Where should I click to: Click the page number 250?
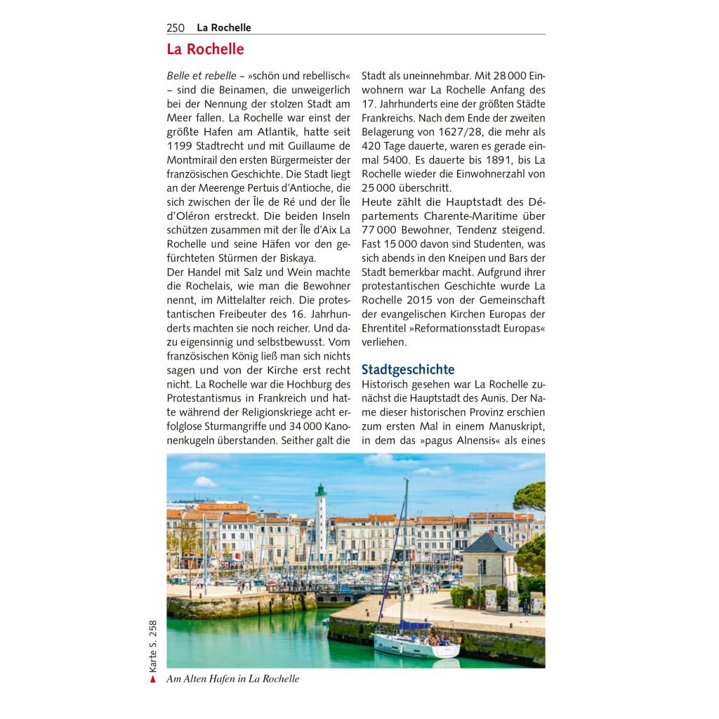tap(176, 28)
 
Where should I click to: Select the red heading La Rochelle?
tap(205, 50)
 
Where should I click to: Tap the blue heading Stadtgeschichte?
tap(408, 369)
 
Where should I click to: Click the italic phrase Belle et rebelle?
tap(201, 76)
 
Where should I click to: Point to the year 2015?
tap(419, 301)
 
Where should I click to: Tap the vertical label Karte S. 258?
tap(152, 645)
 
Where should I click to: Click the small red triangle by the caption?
tap(152, 679)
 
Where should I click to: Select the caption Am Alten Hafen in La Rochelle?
tap(233, 679)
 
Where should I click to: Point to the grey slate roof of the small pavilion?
tap(489, 543)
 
